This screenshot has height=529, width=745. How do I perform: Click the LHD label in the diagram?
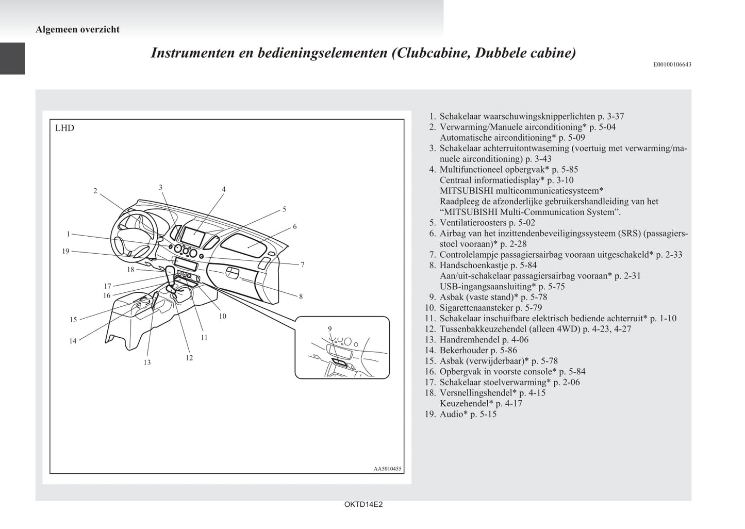point(64,128)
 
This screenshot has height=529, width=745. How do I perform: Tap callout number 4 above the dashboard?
point(224,189)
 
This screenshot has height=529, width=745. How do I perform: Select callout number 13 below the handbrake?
point(147,362)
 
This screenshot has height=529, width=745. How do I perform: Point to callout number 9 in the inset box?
point(330,328)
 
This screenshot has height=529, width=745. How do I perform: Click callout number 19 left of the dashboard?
point(65,251)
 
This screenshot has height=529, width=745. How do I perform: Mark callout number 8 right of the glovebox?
point(301,296)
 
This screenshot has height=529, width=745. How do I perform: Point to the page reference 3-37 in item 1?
point(616,117)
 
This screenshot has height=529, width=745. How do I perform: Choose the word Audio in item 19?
point(451,414)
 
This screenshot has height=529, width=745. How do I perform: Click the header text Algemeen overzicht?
point(77,29)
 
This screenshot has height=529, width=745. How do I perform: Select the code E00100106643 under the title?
point(672,64)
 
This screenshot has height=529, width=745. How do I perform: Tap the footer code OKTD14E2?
point(363,505)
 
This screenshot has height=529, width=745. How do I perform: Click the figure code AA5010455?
point(387,469)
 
